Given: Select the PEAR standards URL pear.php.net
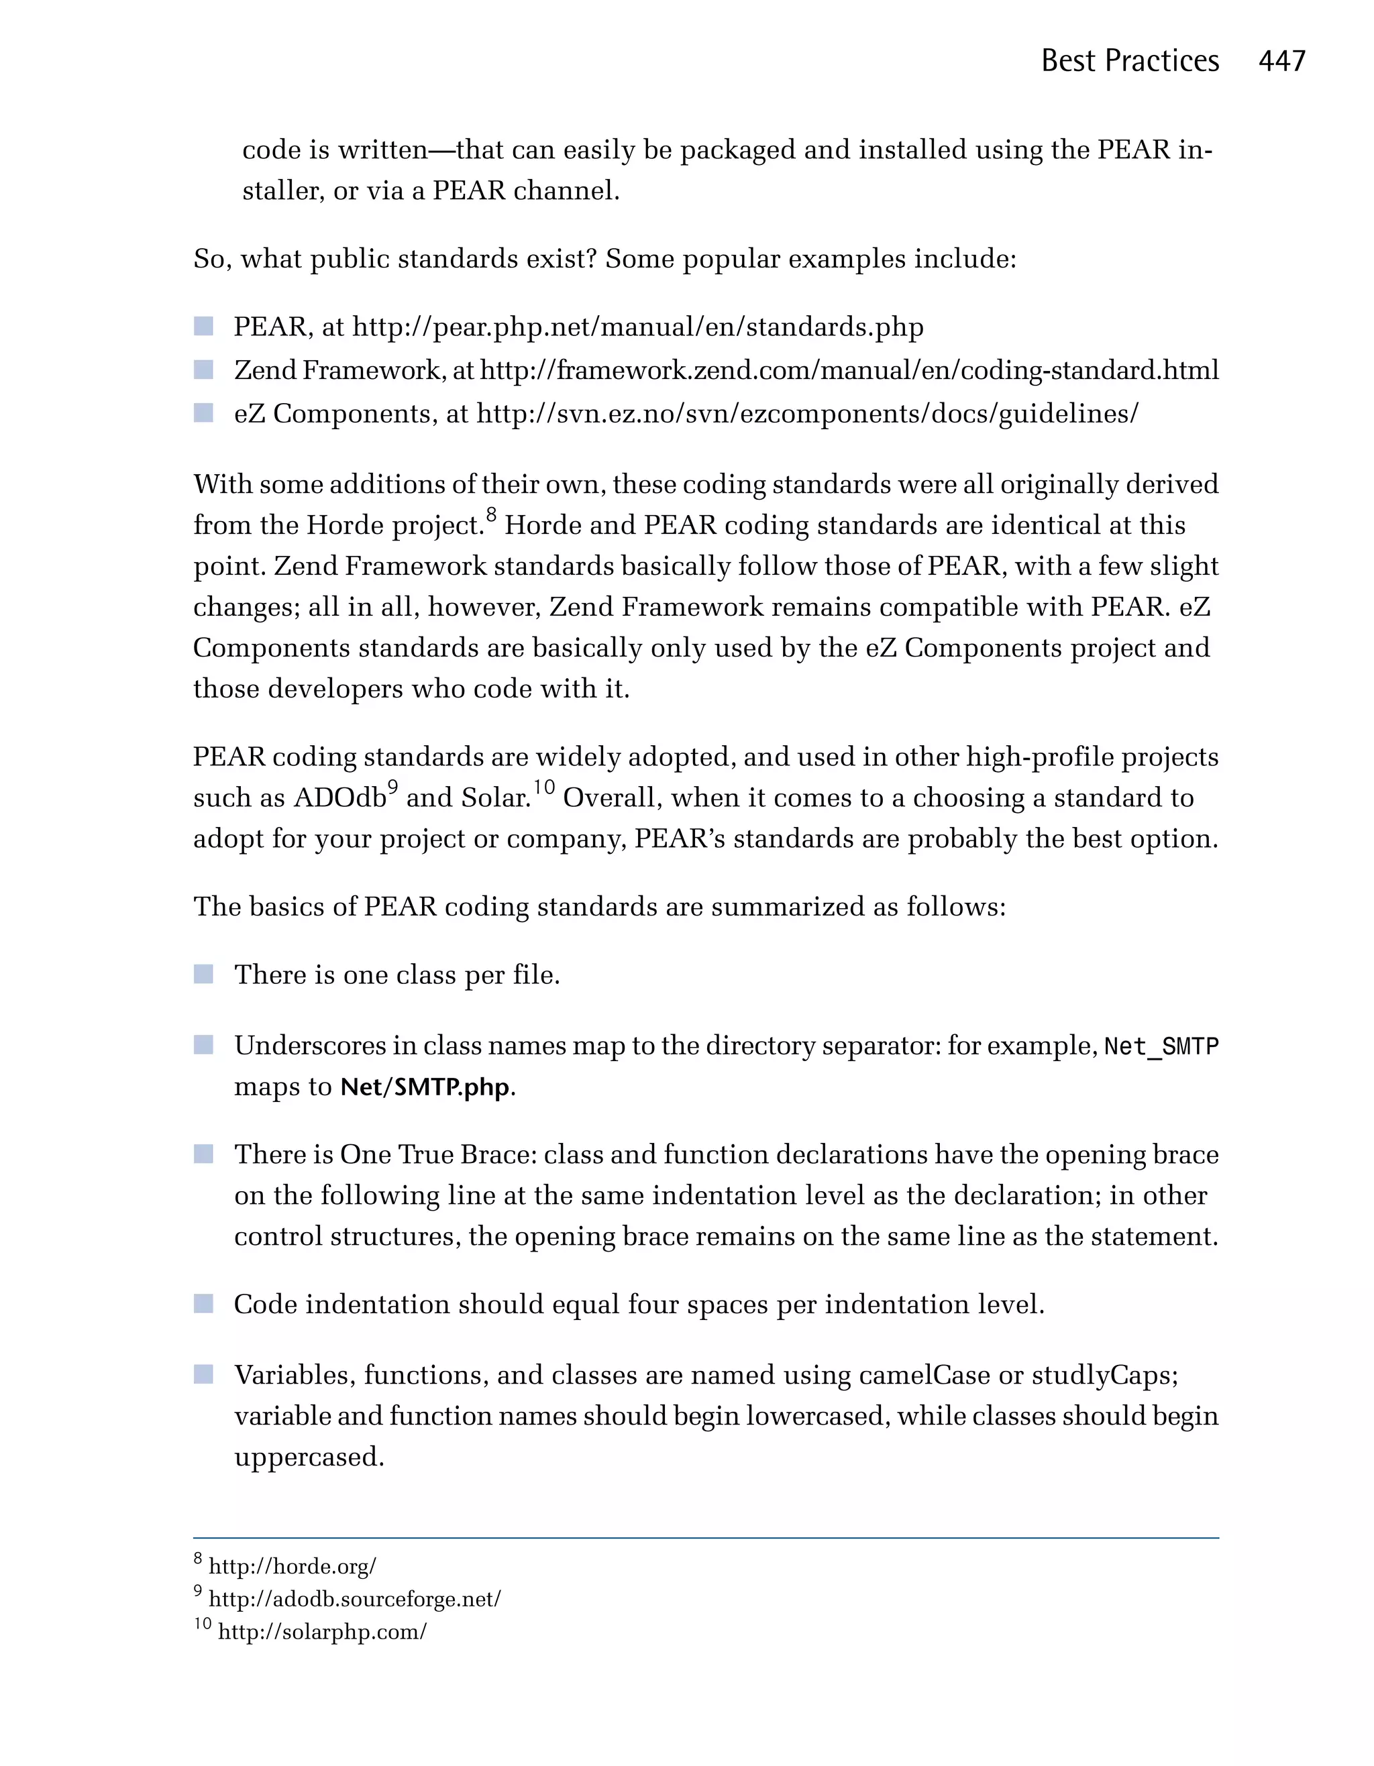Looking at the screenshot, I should pos(637,327).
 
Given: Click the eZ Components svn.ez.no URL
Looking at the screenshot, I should pos(806,414).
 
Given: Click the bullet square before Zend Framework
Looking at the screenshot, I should pos(204,370).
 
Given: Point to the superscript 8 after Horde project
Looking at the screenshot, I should pos(491,514).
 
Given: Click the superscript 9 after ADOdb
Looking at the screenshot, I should pos(393,787).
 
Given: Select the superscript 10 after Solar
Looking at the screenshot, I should pos(543,787).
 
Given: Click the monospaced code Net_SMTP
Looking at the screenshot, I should pos(1161,1046).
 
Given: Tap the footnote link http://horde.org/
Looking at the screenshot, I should pos(292,1567).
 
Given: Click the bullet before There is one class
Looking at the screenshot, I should pos(204,974).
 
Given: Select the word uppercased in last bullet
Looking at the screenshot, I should pos(308,1457).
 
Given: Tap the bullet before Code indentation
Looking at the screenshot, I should pos(204,1303).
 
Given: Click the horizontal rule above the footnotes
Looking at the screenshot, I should pos(705,1538).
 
